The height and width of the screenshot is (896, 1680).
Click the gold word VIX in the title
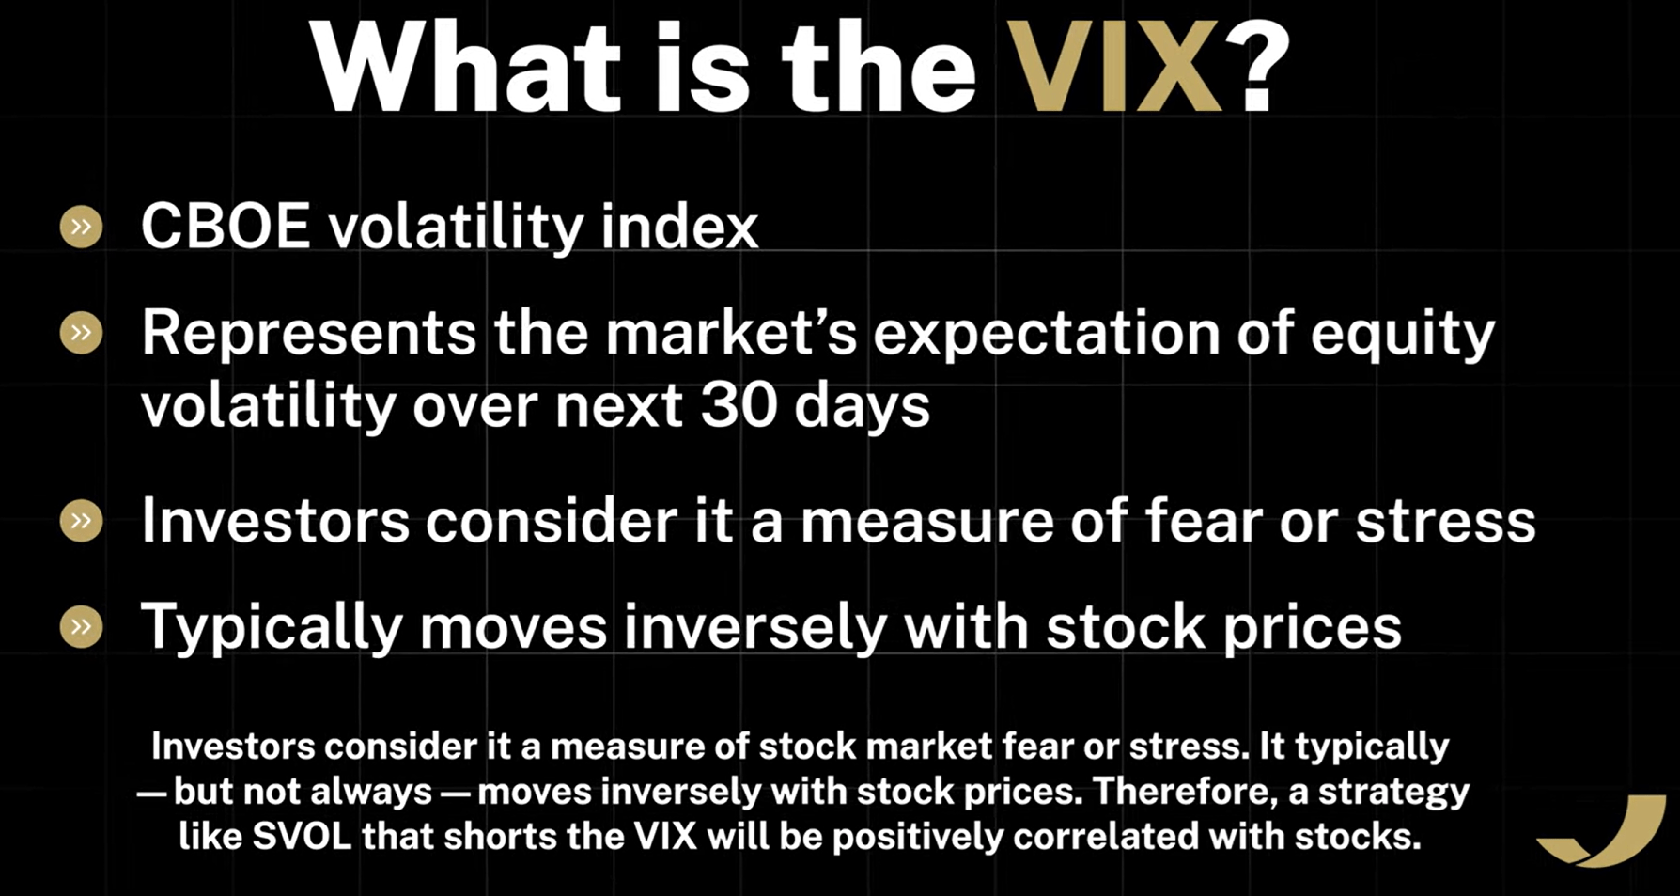click(1114, 68)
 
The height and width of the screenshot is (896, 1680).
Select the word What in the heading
click(466, 68)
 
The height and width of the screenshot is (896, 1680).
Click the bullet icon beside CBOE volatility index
click(82, 227)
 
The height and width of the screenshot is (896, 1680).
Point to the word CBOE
click(226, 227)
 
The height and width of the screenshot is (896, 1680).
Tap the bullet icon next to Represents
click(82, 332)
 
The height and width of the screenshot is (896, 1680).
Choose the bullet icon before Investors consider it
click(82, 520)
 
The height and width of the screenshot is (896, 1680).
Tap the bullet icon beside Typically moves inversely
click(82, 626)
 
